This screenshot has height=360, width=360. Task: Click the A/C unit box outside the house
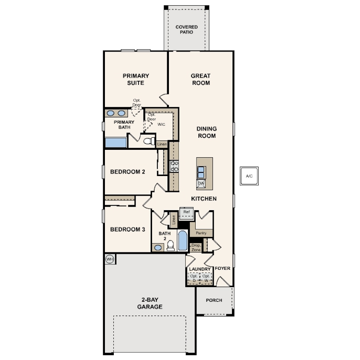249,176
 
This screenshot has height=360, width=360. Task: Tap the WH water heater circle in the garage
110,260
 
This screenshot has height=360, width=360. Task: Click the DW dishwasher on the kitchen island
201,184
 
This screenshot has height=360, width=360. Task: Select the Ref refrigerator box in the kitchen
186,213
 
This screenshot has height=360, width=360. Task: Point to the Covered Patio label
186,30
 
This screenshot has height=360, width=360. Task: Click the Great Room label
200,79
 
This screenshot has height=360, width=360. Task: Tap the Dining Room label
207,132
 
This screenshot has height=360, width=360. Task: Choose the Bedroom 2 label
128,172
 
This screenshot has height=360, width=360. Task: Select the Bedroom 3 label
128,229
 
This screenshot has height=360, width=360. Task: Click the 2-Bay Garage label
150,303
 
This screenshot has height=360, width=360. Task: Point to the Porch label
214,300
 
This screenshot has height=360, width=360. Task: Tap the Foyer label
222,268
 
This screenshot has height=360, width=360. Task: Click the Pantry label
201,233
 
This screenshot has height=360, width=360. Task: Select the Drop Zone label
196,248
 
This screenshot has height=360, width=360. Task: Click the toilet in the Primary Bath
149,141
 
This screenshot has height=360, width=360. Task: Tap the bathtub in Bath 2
183,240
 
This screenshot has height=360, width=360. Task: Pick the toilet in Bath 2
170,246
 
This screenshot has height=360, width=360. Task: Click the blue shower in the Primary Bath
116,143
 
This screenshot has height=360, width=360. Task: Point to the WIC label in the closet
161,124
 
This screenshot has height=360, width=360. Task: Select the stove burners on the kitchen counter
174,166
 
